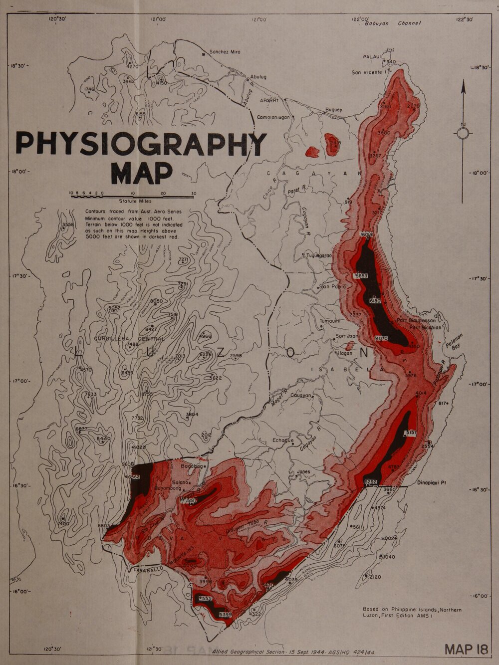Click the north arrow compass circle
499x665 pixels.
coord(463,134)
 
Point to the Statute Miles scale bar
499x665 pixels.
coord(132,197)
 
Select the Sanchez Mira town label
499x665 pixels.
coord(225,52)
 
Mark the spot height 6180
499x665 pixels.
coord(375,301)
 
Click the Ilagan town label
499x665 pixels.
coord(345,353)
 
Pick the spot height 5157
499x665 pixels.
coord(411,432)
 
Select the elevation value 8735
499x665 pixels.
coord(147,394)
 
